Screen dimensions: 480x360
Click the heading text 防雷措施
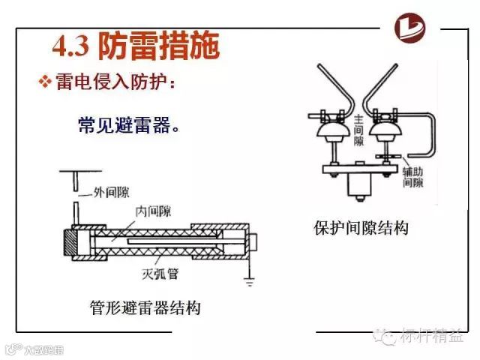pyautogui.click(x=159, y=46)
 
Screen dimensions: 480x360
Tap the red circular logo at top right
pyautogui.click(x=418, y=30)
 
